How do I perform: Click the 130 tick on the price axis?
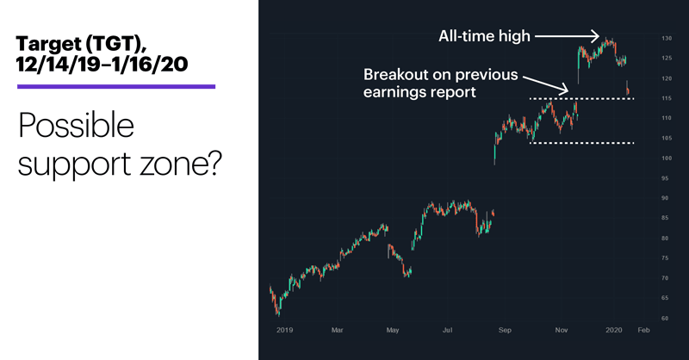click(667, 39)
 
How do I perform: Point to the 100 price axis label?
click(667, 158)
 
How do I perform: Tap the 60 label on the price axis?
click(665, 319)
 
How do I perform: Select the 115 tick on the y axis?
click(667, 98)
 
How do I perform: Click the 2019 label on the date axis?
click(285, 330)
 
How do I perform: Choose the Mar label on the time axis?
click(337, 330)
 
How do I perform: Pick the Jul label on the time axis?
click(447, 330)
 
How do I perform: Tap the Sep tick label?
click(505, 330)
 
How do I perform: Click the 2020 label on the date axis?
click(614, 330)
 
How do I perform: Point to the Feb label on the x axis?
click(643, 330)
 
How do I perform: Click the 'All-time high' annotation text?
click(484, 36)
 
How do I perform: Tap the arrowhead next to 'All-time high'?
click(596, 36)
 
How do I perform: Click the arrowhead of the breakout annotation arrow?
click(564, 90)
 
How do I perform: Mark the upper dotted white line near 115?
click(582, 98)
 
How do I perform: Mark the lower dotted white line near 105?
click(582, 143)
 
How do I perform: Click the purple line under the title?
click(116, 87)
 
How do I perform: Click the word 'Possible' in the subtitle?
click(76, 126)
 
